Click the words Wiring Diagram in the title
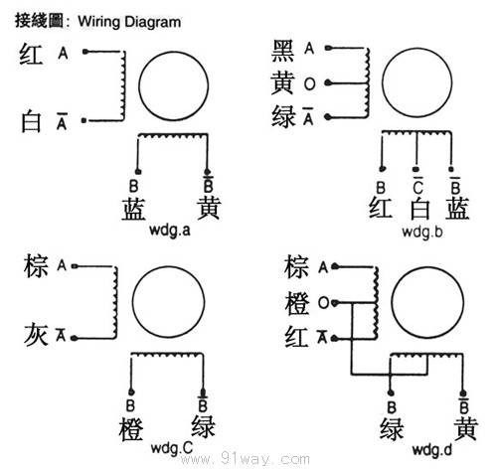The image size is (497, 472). tap(129, 22)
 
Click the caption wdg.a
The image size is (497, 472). tap(170, 230)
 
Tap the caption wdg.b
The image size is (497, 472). tap(422, 232)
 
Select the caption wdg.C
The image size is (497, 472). tap(172, 448)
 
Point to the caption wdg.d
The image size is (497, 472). tap(432, 449)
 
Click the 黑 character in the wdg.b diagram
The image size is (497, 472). tap(282, 51)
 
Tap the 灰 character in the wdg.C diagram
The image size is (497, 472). tap(36, 334)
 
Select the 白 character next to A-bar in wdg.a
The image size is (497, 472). tap(31, 122)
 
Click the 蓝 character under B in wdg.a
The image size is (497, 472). tap(133, 209)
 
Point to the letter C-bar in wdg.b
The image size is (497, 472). tap(417, 186)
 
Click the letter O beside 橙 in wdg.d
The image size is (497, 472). tap(323, 302)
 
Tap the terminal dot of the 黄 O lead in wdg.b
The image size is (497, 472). tap(328, 82)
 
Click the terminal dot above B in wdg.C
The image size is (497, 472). tap(131, 393)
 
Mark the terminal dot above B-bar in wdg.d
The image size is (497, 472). tap(463, 393)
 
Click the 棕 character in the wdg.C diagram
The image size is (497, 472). tap(36, 266)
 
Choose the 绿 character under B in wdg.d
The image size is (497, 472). tap(392, 429)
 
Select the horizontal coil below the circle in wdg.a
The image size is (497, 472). tap(173, 135)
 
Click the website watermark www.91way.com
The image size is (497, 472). tap(246, 460)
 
